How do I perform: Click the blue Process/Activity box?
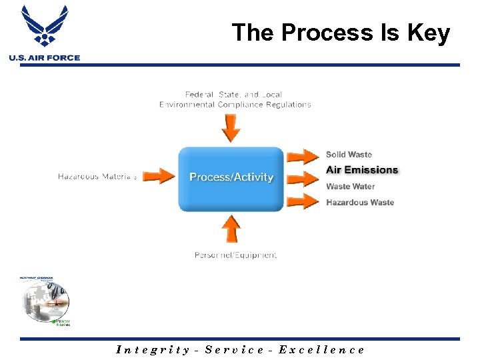pos(231,177)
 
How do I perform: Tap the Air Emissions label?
pos(362,170)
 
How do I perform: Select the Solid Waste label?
pos(349,155)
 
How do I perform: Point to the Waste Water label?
pos(350,187)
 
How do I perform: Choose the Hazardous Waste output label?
pos(360,203)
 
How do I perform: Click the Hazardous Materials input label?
pos(97,177)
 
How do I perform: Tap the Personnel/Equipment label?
pos(235,255)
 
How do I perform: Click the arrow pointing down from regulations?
pos(231,127)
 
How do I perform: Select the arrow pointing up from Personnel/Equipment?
pos(231,229)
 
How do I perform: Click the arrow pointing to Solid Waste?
pos(304,156)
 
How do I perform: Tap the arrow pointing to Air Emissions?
pos(304,178)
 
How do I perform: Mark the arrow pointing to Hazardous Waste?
pos(304,201)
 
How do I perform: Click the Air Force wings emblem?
pos(45,25)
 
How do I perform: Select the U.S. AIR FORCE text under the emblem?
pos(45,58)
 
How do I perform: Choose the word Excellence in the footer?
pos(321,349)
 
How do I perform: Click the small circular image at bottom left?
pos(45,299)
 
